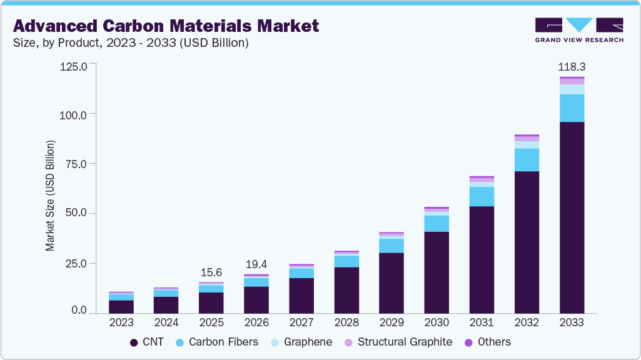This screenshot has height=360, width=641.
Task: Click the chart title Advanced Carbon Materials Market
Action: click(x=166, y=26)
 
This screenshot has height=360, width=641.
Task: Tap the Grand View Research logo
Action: click(x=578, y=29)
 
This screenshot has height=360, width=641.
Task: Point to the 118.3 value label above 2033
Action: click(x=572, y=66)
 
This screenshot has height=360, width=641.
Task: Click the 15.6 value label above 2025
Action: click(x=211, y=272)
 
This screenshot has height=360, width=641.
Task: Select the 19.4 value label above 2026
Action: click(x=256, y=265)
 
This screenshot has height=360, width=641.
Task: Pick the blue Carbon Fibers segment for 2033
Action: click(x=572, y=108)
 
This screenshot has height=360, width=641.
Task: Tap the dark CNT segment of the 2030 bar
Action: click(x=437, y=272)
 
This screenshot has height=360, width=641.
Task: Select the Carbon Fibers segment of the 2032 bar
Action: click(x=527, y=159)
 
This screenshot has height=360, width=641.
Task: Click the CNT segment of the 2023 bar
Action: click(x=121, y=306)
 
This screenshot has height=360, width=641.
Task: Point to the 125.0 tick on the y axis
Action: click(x=74, y=65)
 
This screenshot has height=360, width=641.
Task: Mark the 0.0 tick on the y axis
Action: click(x=79, y=311)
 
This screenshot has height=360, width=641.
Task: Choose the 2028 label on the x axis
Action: click(x=346, y=323)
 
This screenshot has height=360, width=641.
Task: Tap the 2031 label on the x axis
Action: click(x=482, y=323)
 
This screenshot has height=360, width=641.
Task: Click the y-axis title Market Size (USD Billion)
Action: click(x=50, y=196)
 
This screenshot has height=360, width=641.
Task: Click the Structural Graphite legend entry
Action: click(x=398, y=342)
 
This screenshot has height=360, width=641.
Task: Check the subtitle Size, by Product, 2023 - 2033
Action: click(x=131, y=43)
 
